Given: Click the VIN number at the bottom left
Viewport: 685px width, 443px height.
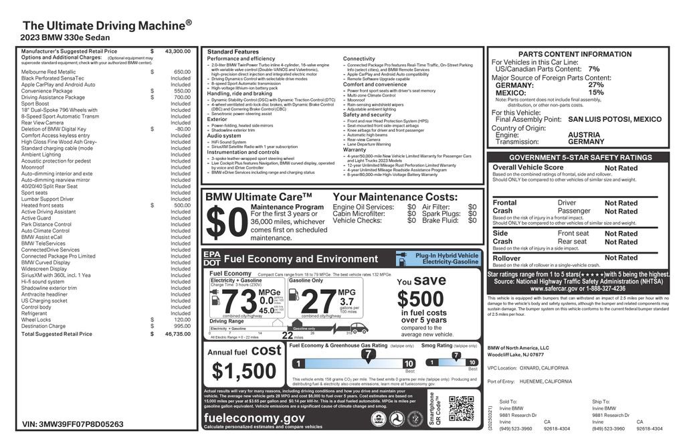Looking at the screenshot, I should coord(73,424).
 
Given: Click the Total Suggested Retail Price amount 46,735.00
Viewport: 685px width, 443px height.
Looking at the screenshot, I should coord(176,333).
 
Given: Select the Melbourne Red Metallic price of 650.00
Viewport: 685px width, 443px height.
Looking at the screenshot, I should coord(182,71).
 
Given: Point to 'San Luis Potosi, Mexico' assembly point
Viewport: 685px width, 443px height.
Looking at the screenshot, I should coord(614,119).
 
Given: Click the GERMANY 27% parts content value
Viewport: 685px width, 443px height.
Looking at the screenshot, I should coord(595,85).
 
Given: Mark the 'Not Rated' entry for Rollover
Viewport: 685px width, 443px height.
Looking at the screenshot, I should coord(621,258).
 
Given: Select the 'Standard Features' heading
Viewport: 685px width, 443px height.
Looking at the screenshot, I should coord(233,52).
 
